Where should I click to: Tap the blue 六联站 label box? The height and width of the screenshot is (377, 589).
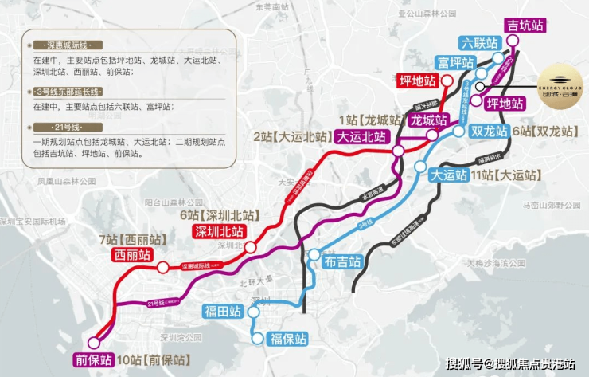(480, 43)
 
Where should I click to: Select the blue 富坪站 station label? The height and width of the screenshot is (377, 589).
(454, 61)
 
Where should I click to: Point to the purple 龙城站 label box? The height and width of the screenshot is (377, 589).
(428, 120)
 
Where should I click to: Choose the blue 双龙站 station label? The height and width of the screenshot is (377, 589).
(488, 132)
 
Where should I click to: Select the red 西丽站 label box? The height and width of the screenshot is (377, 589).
(133, 255)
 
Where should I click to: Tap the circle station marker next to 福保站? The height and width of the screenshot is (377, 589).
(258, 339)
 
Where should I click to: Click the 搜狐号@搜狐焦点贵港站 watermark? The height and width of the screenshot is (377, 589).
(509, 364)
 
